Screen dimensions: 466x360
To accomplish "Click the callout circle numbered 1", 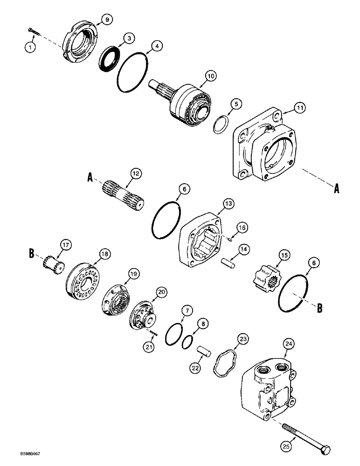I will [31, 47].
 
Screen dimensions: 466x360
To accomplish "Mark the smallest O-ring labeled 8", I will [187, 343].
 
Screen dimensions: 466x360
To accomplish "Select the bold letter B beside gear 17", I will [32, 254].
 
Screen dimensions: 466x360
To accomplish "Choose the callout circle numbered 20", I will [162, 292].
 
